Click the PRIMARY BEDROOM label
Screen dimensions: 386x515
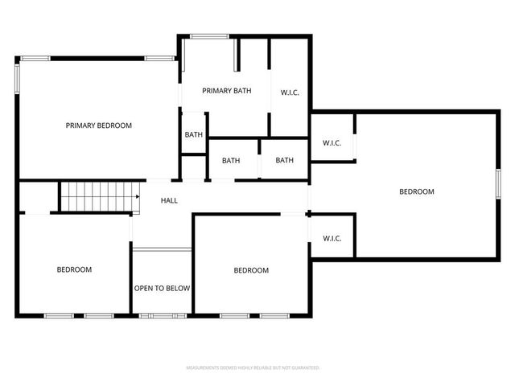point(98,125)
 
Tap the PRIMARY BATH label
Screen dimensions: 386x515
point(226,91)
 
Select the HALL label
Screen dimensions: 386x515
point(169,200)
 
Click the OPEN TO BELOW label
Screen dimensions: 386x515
point(162,288)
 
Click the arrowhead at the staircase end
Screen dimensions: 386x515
point(138,195)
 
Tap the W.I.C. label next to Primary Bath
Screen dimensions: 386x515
point(290,92)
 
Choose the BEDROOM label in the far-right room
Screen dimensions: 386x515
point(417,191)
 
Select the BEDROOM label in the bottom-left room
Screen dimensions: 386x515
point(74,269)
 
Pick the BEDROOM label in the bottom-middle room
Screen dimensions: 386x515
point(251,270)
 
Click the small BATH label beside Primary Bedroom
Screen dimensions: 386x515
point(193,135)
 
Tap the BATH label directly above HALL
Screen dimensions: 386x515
point(231,160)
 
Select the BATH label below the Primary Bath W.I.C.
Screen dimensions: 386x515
point(284,160)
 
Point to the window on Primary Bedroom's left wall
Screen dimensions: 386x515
point(17,78)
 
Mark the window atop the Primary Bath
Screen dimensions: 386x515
point(208,35)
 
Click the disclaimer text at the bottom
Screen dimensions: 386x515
point(253,368)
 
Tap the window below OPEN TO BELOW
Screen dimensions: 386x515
point(163,315)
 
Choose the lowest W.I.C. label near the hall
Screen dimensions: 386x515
point(332,238)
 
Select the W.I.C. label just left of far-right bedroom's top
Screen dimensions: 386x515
point(332,143)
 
